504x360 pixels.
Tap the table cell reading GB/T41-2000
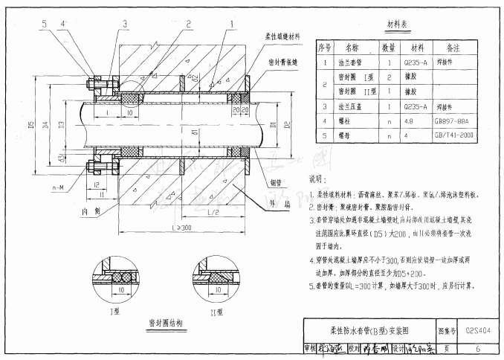(x=453, y=135)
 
